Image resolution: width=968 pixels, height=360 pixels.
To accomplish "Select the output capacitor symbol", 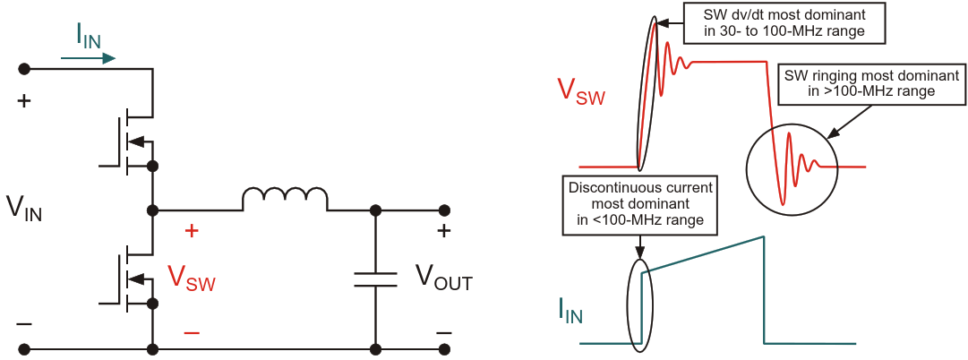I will coord(375,279).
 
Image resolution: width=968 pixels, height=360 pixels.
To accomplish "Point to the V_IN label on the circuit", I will coord(24,208).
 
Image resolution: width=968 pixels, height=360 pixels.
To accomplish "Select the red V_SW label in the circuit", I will coord(192,277).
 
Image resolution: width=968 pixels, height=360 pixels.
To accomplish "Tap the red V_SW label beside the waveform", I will coord(581,91).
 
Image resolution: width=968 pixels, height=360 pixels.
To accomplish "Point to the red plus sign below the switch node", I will coord(191,231).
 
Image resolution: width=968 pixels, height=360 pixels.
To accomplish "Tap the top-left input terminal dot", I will coord(24,69).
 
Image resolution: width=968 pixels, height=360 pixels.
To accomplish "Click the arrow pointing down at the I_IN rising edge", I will coord(640,247).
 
